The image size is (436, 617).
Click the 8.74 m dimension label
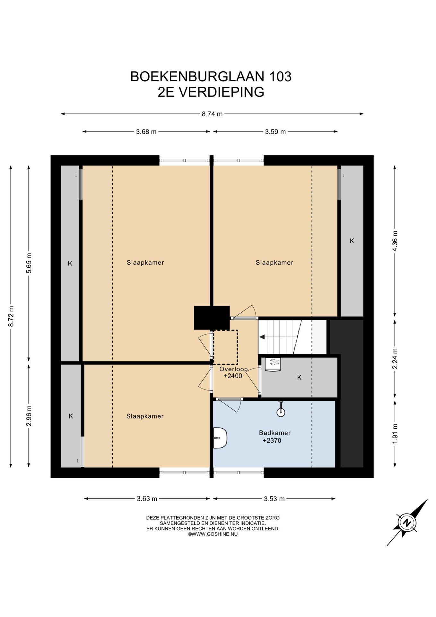tap(212, 114)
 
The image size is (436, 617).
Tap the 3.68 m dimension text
tap(146, 132)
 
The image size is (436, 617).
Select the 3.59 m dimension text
tap(275, 132)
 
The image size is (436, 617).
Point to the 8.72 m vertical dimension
tap(11, 316)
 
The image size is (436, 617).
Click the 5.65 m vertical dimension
tap(29, 263)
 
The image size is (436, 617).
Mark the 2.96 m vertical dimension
tap(29, 416)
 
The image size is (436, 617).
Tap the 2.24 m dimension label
tap(395, 359)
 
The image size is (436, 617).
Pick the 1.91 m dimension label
tap(395, 434)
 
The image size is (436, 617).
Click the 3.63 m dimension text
tap(147, 499)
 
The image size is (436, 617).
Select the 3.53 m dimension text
tap(274, 499)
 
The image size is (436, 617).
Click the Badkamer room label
tap(275, 433)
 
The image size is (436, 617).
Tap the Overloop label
tap(233, 369)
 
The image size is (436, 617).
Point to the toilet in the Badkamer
tap(220, 438)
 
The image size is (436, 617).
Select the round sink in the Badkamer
tap(281, 411)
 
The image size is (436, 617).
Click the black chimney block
tap(212, 317)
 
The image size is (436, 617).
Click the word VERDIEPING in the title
tap(221, 92)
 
